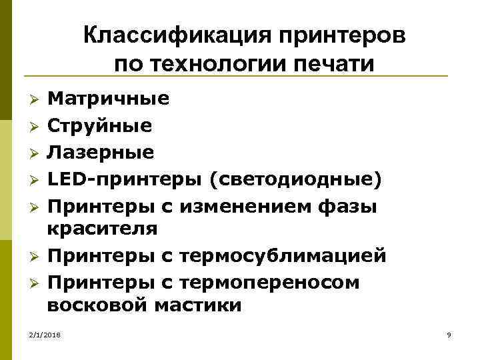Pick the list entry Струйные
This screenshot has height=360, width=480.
pos(99,125)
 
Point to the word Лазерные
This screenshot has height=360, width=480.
pos(100,152)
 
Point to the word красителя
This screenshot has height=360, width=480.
pos(102,229)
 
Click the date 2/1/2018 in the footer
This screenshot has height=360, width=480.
pos(44,335)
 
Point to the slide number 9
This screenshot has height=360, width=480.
pos(449,335)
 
